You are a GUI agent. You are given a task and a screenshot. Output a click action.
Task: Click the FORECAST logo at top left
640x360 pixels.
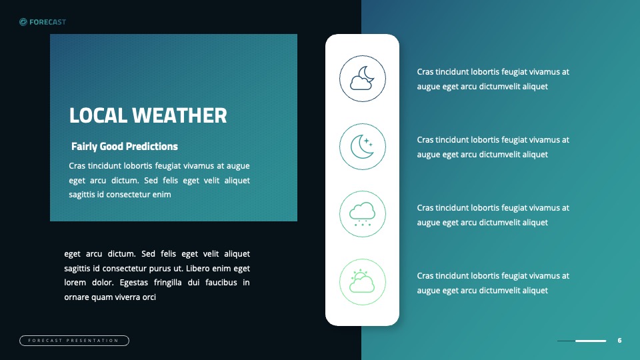(x=43, y=22)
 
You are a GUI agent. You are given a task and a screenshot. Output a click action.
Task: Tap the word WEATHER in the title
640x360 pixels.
(x=179, y=115)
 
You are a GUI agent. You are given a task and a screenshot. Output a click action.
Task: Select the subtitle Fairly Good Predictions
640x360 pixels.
(x=125, y=146)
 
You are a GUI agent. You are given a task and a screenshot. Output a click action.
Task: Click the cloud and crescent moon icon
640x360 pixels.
(x=363, y=79)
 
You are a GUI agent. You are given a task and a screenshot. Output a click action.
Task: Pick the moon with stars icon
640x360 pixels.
(x=363, y=147)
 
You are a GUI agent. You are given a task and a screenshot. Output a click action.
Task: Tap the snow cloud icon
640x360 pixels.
(x=363, y=214)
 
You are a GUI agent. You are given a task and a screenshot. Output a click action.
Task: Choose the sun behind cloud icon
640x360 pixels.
(x=363, y=282)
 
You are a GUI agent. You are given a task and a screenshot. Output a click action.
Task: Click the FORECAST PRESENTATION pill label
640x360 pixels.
(x=74, y=341)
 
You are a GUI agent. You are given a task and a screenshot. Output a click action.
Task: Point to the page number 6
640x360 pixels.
(x=619, y=341)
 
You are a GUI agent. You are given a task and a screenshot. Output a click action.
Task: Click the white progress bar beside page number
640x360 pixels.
(x=591, y=341)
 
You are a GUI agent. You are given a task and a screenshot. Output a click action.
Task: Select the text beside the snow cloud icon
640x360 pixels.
(x=493, y=215)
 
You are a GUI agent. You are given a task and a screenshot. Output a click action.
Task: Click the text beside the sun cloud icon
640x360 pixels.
(x=493, y=283)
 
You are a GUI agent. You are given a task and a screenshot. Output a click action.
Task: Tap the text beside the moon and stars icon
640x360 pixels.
(x=493, y=147)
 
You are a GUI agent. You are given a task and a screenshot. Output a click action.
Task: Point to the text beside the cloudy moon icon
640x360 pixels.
(x=493, y=79)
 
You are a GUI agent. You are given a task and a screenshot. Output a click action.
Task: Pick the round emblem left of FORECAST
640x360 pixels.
(x=23, y=22)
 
